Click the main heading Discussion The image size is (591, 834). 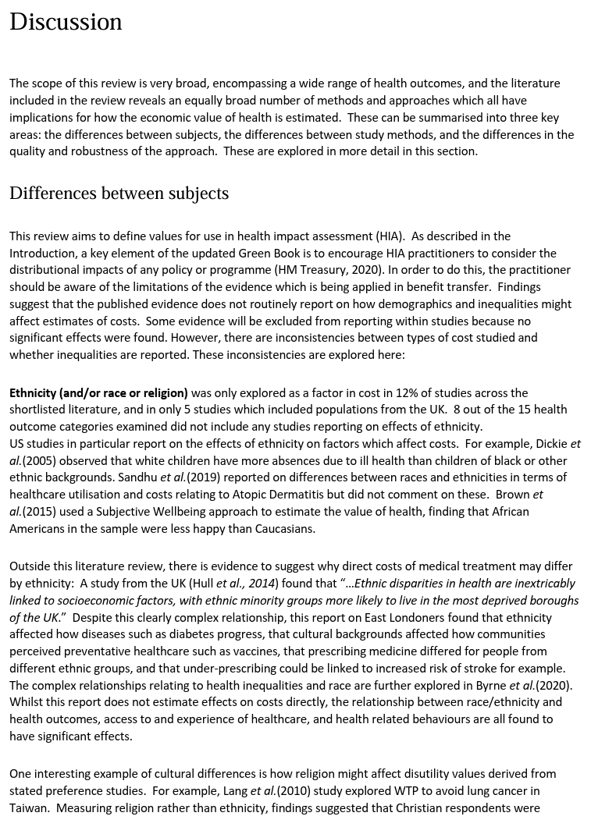click(66, 22)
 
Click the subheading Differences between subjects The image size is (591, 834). click(119, 193)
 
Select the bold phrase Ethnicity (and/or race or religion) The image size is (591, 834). click(98, 392)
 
